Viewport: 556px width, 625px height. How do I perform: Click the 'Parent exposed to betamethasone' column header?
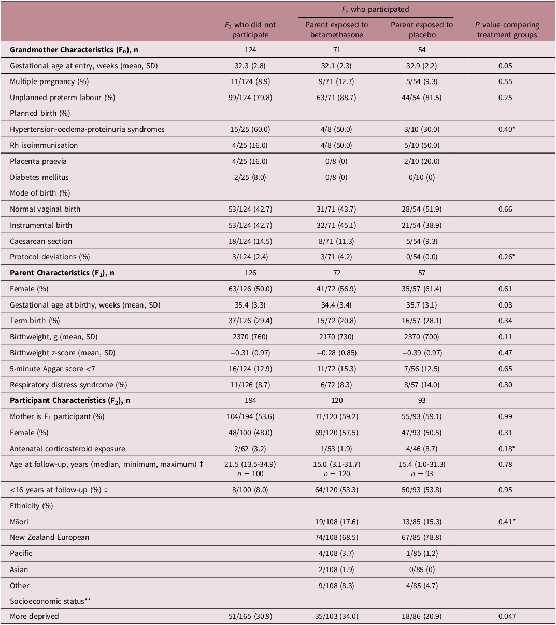pyautogui.click(x=336, y=30)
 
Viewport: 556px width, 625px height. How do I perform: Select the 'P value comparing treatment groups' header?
pyautogui.click(x=507, y=30)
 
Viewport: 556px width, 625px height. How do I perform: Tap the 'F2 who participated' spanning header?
pyautogui.click(x=376, y=9)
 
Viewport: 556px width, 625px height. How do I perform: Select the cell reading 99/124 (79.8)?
pyautogui.click(x=251, y=98)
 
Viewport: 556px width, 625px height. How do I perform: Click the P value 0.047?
pyautogui.click(x=507, y=617)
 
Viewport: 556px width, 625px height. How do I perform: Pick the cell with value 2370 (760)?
pyautogui.click(x=251, y=337)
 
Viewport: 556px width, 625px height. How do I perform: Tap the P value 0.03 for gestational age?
pyautogui.click(x=507, y=305)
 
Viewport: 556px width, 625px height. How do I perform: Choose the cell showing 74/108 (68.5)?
pyautogui.click(x=336, y=537)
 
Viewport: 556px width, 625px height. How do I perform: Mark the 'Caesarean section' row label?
pyautogui.click(x=41, y=241)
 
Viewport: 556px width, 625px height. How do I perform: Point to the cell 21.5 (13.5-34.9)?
pyautogui.click(x=251, y=464)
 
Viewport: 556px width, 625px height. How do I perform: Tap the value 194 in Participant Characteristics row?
pyautogui.click(x=251, y=400)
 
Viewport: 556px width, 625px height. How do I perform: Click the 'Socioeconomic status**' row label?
pyautogui.click(x=47, y=601)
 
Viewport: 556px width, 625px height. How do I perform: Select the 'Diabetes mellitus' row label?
pyautogui.click(x=39, y=177)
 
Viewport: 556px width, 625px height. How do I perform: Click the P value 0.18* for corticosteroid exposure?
pyautogui.click(x=507, y=449)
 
